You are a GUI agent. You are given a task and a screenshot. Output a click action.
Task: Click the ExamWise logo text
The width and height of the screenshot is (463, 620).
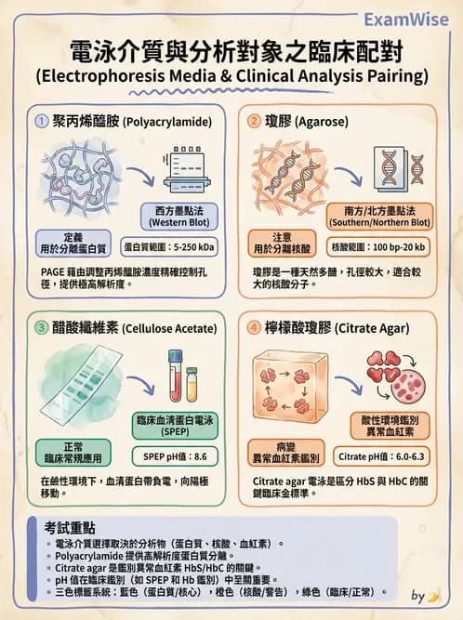[x=407, y=19]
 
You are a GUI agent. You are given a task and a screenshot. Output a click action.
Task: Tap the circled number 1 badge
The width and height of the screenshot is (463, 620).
[x=41, y=121]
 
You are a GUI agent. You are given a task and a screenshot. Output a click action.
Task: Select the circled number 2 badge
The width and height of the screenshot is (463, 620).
[x=253, y=121]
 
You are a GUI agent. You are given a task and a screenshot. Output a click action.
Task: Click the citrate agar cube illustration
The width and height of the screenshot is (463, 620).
[x=290, y=390]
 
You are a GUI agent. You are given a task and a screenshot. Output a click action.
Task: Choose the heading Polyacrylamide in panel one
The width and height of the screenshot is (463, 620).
[x=128, y=122]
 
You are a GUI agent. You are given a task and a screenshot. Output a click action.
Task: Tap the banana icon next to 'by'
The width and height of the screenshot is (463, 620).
[x=434, y=595]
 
